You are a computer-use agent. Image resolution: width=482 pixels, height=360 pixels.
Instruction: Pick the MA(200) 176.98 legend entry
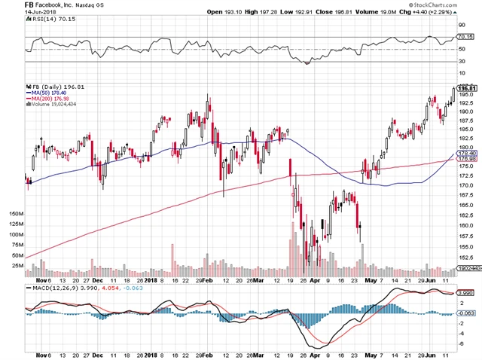click(57, 99)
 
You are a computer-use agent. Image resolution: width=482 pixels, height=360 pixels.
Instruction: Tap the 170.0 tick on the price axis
click(467, 185)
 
